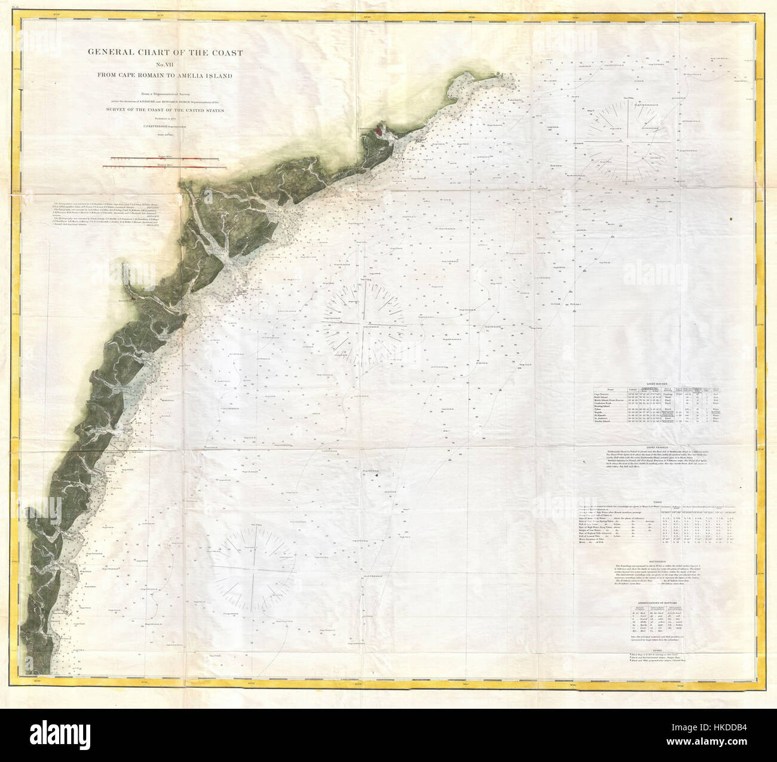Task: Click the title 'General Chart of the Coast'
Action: (166, 53)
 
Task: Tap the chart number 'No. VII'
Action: (166, 65)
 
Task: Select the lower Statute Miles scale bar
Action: (166, 169)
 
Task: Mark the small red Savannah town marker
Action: (137, 294)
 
